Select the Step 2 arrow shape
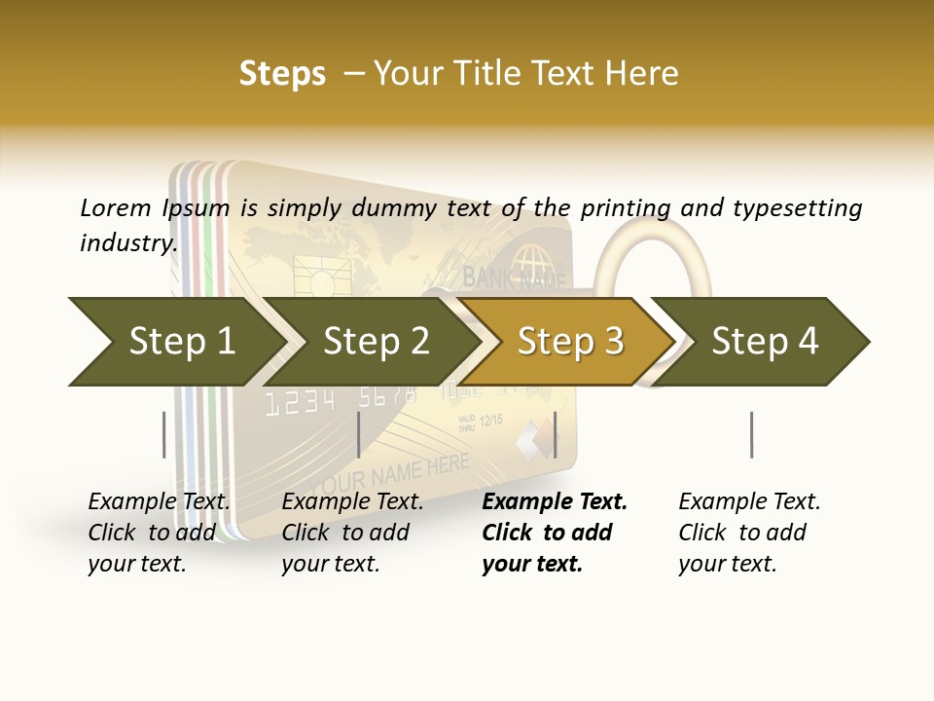pos(376,342)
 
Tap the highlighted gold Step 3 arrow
pos(570,342)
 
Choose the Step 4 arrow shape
pos(765,342)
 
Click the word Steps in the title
pos(282,73)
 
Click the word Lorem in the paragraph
pos(115,207)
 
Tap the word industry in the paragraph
pos(127,242)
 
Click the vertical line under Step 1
pos(164,434)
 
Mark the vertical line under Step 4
pos(751,434)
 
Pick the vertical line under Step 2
pos(359,434)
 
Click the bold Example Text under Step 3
pos(555,502)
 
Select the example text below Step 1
pos(159,533)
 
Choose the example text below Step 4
pos(749,533)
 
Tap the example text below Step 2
pos(352,533)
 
